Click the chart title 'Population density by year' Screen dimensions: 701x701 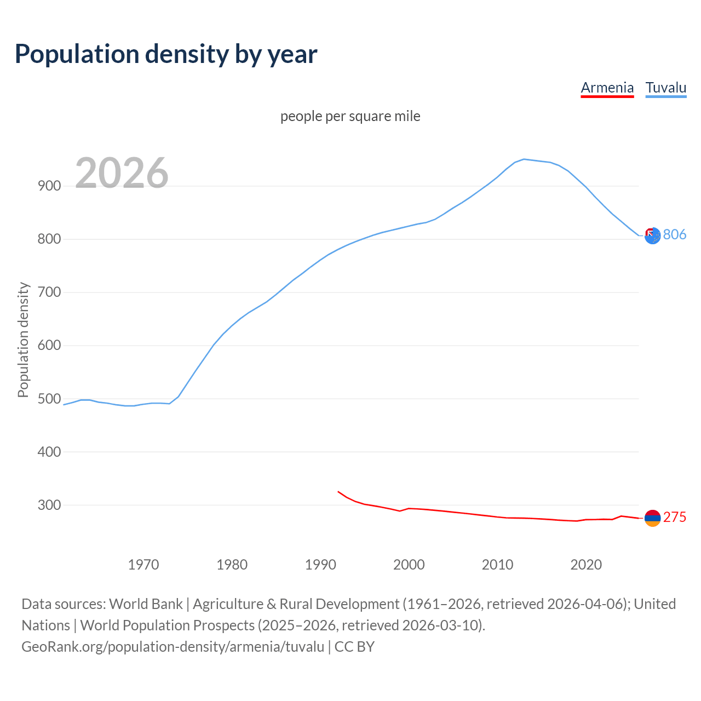166,54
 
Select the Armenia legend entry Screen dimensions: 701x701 607,88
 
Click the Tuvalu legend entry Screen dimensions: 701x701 665,88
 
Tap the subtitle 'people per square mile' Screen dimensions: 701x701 350,116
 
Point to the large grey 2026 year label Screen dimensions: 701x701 122,173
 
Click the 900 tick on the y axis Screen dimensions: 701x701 49,186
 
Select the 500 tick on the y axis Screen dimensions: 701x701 49,399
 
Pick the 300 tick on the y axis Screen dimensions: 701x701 49,505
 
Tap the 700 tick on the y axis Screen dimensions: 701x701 49,292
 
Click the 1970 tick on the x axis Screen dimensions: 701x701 143,565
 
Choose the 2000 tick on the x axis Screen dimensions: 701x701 409,565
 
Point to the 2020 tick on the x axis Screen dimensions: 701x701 586,565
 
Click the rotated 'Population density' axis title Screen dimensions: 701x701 23,340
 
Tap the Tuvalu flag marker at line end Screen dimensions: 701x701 652,235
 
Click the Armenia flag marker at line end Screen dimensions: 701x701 652,518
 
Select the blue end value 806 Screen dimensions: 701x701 675,234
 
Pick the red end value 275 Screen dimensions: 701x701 675,517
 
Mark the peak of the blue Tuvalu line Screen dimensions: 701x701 524,159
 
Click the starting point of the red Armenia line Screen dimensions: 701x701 338,492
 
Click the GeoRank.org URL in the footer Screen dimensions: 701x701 173,646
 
